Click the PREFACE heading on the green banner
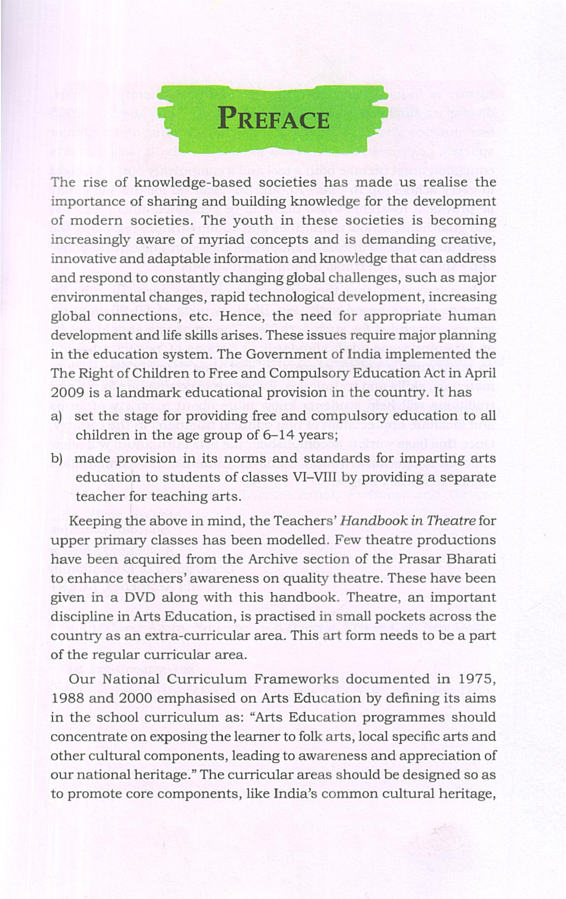click(273, 120)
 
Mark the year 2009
click(64, 393)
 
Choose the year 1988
click(66, 698)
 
